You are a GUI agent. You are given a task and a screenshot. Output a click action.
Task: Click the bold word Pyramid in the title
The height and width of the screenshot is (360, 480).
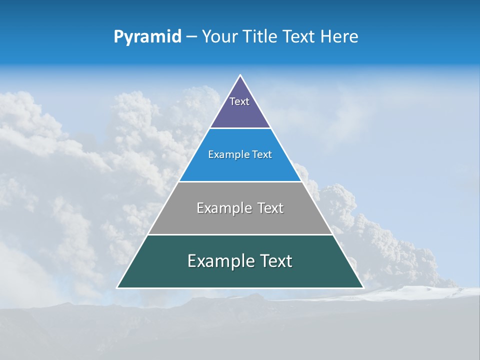(x=147, y=37)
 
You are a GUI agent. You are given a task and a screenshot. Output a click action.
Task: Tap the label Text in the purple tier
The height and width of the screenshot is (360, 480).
(x=239, y=101)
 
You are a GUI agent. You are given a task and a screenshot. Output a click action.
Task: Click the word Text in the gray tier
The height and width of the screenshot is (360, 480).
(x=270, y=208)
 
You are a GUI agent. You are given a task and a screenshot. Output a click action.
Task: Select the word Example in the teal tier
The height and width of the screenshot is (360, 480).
(x=221, y=261)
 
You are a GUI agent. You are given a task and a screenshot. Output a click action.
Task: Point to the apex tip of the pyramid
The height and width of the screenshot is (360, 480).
(x=240, y=75)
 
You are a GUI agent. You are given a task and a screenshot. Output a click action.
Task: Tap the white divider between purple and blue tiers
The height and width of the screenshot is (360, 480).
(x=240, y=128)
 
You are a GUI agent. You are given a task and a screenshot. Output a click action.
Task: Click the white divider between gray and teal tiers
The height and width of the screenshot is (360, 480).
(x=240, y=234)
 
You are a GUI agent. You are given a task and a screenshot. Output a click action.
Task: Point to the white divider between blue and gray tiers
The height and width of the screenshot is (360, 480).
(x=240, y=181)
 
